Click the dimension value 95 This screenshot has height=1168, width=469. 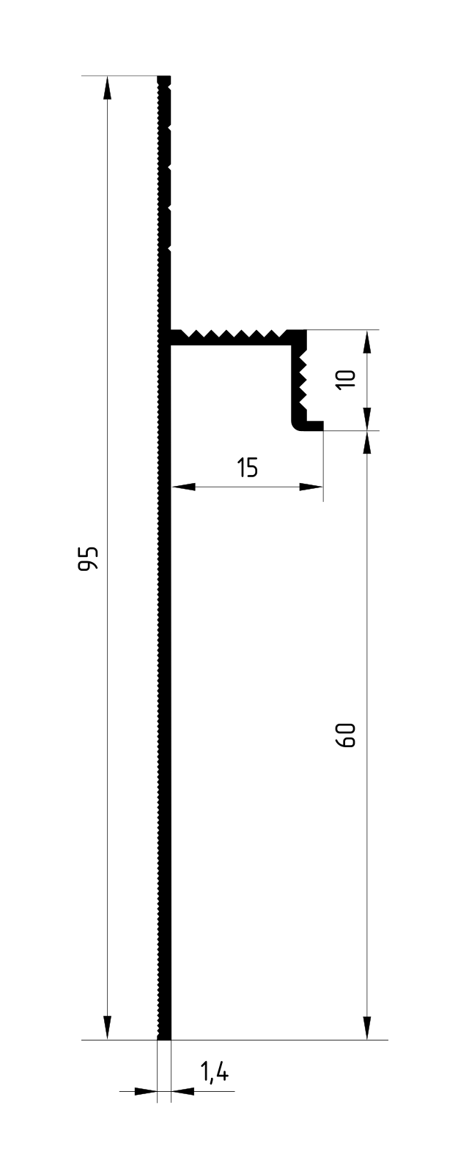[x=88, y=558]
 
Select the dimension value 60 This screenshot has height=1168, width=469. [x=347, y=735]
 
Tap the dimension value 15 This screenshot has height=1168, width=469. [x=247, y=467]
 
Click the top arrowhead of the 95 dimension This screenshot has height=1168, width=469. [x=108, y=88]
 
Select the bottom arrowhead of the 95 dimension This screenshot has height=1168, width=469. [x=108, y=1028]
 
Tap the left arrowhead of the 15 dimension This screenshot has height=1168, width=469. [x=182, y=487]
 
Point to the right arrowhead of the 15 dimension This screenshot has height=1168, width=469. [x=311, y=487]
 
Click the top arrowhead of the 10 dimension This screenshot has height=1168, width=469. [x=367, y=342]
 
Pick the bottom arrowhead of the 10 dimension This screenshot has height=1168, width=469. [x=367, y=419]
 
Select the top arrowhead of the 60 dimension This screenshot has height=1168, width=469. [x=367, y=442]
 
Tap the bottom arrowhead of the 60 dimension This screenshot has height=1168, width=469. [x=367, y=1028]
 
